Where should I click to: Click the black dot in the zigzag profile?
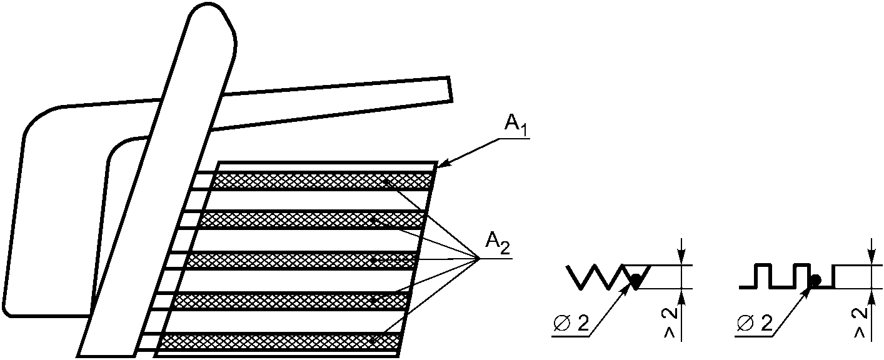click(635, 281)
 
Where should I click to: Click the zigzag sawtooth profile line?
click(594, 277)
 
